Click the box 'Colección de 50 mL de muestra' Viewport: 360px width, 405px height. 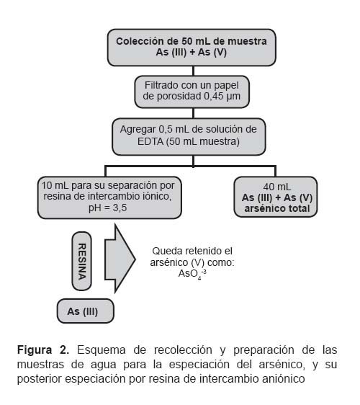point(192,48)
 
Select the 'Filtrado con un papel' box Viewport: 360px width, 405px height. point(192,92)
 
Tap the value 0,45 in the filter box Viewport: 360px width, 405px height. point(214,97)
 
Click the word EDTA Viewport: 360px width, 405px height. point(150,141)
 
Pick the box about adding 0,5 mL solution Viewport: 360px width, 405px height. point(189,137)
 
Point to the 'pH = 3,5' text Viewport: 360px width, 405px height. point(107,208)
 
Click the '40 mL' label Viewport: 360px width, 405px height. point(276,187)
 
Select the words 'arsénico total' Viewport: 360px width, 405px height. point(277,209)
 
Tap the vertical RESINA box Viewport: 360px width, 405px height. point(82,261)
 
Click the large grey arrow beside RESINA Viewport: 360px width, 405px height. point(120,259)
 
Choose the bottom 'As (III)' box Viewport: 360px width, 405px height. point(86,311)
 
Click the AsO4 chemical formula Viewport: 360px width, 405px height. point(192,274)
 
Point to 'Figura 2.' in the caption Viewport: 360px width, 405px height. point(43,350)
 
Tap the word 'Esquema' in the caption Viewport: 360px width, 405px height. point(102,350)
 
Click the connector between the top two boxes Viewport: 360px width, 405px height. point(193,71)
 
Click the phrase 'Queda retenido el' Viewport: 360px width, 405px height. point(192,251)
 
